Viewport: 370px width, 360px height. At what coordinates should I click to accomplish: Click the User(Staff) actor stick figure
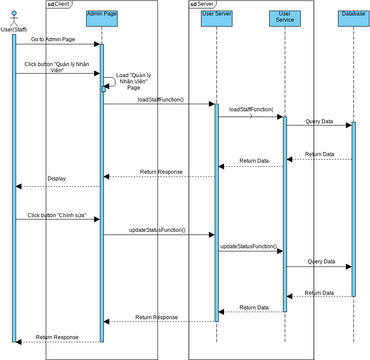(13, 16)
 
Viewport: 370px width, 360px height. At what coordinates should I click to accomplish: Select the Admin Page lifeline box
(101, 15)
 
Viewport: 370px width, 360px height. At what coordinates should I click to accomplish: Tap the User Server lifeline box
(216, 15)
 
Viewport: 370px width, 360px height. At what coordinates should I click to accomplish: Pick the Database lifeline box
(351, 15)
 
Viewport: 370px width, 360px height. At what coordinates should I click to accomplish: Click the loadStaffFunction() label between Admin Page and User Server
(161, 99)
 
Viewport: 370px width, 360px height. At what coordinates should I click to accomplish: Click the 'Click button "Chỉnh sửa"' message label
(54, 214)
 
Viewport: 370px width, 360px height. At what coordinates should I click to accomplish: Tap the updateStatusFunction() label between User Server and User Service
(249, 245)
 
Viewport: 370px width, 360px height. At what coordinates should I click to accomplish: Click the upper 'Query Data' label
(320, 120)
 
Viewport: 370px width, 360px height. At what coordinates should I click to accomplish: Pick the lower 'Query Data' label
(320, 261)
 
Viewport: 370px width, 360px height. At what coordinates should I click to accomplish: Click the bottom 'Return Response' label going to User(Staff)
(57, 337)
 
